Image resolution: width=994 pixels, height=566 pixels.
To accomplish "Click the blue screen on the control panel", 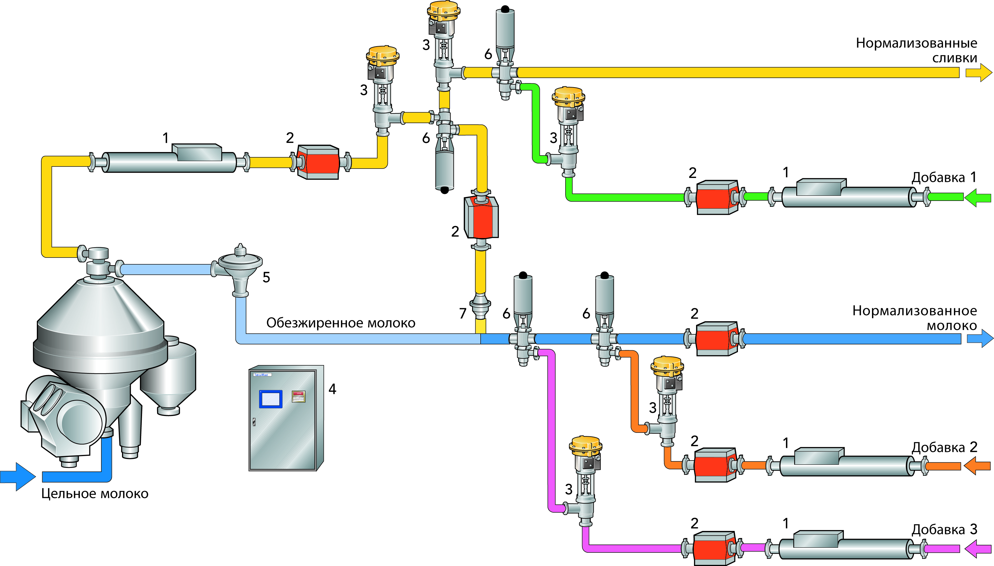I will pyautogui.click(x=271, y=399).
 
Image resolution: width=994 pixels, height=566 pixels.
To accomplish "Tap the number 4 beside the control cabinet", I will pyautogui.click(x=332, y=389).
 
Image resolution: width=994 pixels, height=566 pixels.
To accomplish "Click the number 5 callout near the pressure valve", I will pyautogui.click(x=266, y=278).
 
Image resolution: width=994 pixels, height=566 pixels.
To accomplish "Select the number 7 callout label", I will pyautogui.click(x=463, y=313).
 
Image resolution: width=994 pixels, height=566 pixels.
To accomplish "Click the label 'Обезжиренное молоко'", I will pyautogui.click(x=341, y=323).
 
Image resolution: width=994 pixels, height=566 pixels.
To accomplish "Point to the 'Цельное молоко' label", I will pyautogui.click(x=95, y=494).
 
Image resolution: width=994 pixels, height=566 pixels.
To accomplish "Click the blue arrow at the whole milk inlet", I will pyautogui.click(x=17, y=476).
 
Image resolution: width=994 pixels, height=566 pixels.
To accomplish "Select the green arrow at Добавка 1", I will pyautogui.click(x=978, y=197).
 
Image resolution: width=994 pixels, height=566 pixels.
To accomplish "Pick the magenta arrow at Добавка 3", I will pyautogui.click(x=978, y=549).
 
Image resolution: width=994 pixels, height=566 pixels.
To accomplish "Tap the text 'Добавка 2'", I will pyautogui.click(x=944, y=448).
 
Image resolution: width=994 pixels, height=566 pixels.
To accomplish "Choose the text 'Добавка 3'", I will pyautogui.click(x=944, y=530).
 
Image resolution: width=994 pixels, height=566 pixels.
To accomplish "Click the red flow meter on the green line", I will pyautogui.click(x=716, y=197).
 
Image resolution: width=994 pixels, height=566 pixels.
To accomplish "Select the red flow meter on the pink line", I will pyautogui.click(x=714, y=549).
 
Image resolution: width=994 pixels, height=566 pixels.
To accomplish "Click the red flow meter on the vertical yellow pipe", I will pyautogui.click(x=481, y=218).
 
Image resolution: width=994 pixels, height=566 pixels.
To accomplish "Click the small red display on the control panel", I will pyautogui.click(x=299, y=396).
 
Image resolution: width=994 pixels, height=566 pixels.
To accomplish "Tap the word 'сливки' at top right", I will pyautogui.click(x=954, y=58).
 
